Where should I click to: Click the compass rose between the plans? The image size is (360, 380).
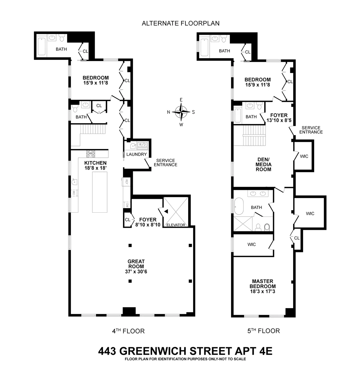tap(181, 112)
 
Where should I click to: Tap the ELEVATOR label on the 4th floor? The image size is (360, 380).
tap(176, 225)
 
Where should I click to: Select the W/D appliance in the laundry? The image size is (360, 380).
tap(142, 144)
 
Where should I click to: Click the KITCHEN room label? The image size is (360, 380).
tap(95, 163)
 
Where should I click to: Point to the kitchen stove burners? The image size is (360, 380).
tap(91, 154)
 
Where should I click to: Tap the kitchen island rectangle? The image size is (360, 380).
tap(100, 192)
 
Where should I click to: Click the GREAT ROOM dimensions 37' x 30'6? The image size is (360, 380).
tap(136, 272)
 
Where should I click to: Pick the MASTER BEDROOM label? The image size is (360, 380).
tap(262, 284)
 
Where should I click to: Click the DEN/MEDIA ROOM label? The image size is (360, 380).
tap(263, 165)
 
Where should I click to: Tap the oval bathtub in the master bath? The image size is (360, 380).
tap(239, 206)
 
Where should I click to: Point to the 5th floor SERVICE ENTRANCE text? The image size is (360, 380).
tap(311, 130)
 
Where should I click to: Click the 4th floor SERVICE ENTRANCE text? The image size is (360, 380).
tap(165, 163)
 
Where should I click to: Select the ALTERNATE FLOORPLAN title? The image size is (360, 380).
tap(181, 23)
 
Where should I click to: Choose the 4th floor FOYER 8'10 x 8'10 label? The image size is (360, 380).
tap(148, 222)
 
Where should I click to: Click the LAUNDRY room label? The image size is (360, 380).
tap(137, 154)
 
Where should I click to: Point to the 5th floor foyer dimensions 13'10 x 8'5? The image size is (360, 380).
tap(279, 120)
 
